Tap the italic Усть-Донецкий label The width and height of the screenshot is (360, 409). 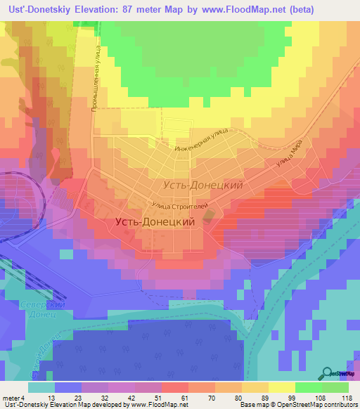click(202, 186)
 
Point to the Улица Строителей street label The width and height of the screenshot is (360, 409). click(179, 206)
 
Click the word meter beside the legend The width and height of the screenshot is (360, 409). click(11, 398)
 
